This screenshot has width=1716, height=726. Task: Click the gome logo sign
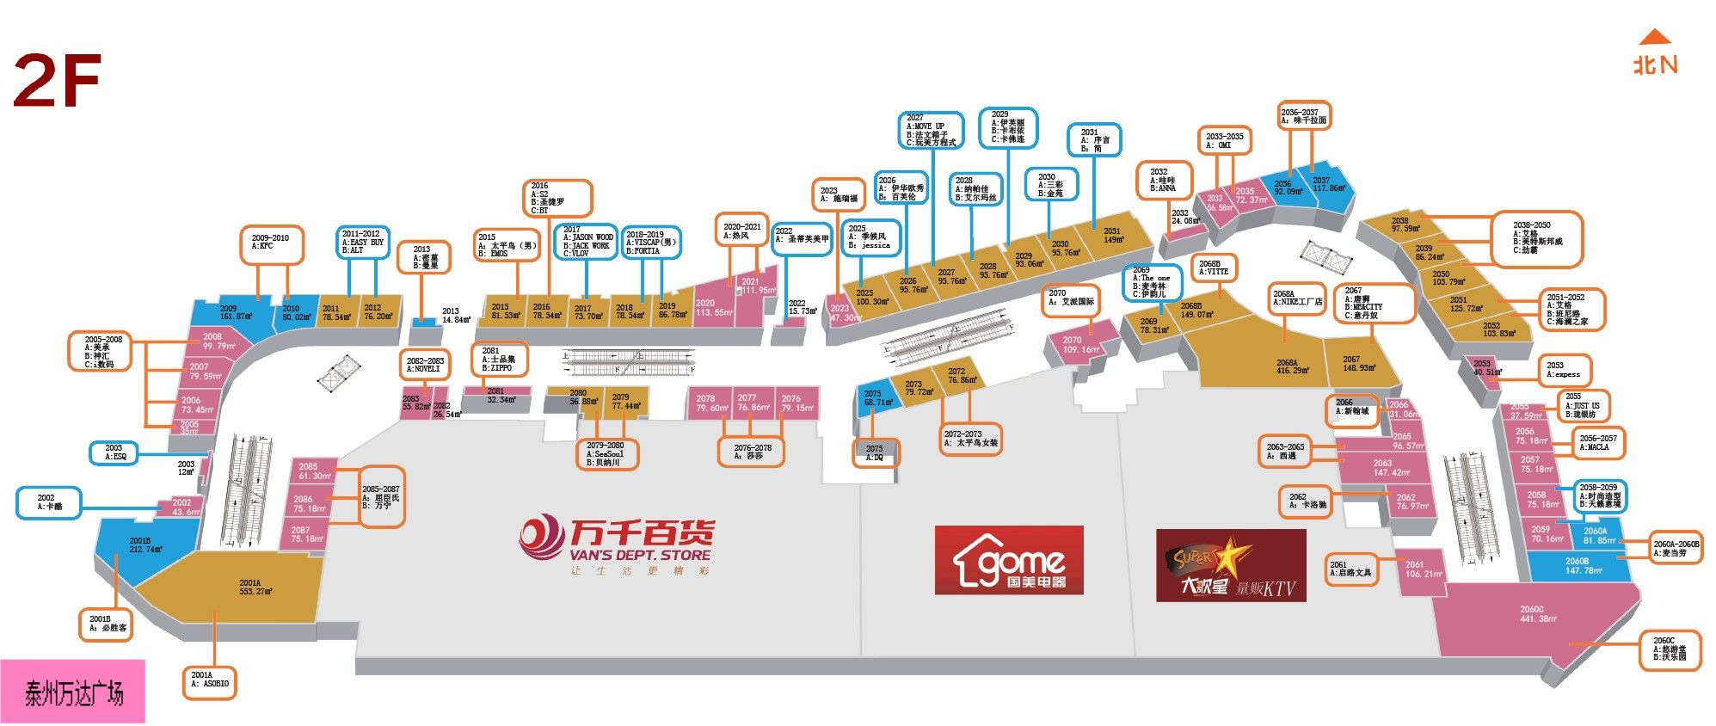coord(1008,560)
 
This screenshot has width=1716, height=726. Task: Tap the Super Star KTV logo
coord(1230,565)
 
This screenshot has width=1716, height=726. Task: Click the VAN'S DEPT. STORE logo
coord(617,545)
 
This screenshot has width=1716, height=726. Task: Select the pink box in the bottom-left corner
coord(72,692)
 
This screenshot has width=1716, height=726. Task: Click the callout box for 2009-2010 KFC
coord(272,243)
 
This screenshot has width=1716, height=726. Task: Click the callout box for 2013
coord(423,257)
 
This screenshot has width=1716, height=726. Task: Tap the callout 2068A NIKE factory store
coord(1296,298)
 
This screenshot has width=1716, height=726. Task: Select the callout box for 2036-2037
coord(1303,116)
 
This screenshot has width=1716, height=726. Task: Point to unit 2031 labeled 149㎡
coord(1112,235)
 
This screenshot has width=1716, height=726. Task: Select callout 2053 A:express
coord(1563,370)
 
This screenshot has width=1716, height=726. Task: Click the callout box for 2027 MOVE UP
coord(932,130)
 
